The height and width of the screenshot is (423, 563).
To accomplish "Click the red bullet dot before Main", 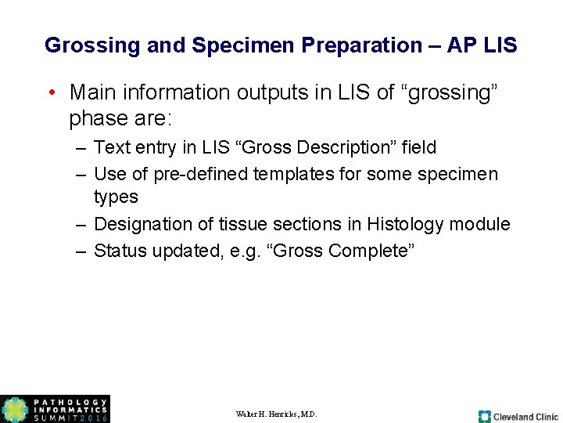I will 49,93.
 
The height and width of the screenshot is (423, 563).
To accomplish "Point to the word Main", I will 93,92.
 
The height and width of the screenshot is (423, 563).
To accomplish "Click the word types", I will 116,197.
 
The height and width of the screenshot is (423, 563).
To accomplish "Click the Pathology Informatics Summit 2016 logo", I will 55,409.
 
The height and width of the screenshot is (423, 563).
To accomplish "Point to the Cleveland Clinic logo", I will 518,416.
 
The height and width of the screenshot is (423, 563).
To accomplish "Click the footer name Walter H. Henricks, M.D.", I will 276,414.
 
